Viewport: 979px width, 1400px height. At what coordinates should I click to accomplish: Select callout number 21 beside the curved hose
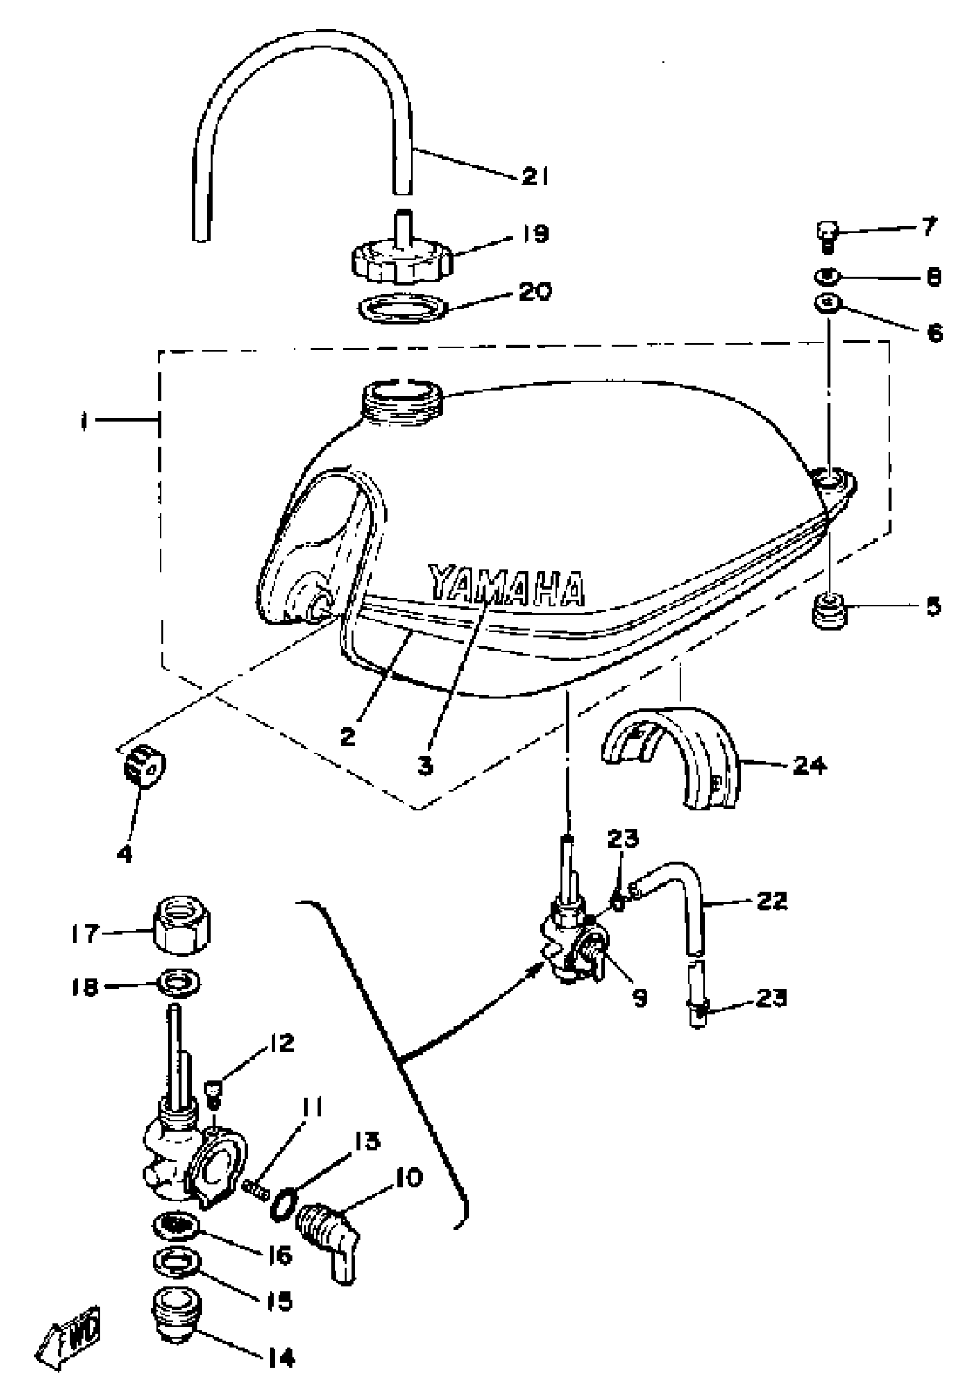point(534,177)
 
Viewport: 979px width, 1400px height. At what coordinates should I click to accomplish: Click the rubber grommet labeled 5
point(830,609)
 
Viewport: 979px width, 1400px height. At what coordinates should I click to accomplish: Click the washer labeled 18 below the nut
point(179,984)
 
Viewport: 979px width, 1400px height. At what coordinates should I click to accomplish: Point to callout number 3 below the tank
point(426,765)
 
